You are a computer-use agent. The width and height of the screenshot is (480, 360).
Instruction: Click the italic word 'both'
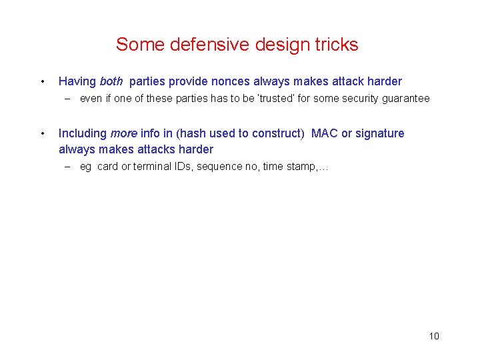point(111,82)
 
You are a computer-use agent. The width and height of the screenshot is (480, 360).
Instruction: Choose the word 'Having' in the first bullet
point(77,82)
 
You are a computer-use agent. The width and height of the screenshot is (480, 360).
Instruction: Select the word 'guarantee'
point(406,99)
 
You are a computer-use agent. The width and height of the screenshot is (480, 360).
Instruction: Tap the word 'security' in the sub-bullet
point(359,99)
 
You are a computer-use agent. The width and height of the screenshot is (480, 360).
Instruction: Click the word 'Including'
point(83,133)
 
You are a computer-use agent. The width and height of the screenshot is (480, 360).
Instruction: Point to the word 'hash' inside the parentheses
point(193,133)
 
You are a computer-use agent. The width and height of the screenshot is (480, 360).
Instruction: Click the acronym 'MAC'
point(325,133)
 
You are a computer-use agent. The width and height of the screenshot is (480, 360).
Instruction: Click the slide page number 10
point(434,336)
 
